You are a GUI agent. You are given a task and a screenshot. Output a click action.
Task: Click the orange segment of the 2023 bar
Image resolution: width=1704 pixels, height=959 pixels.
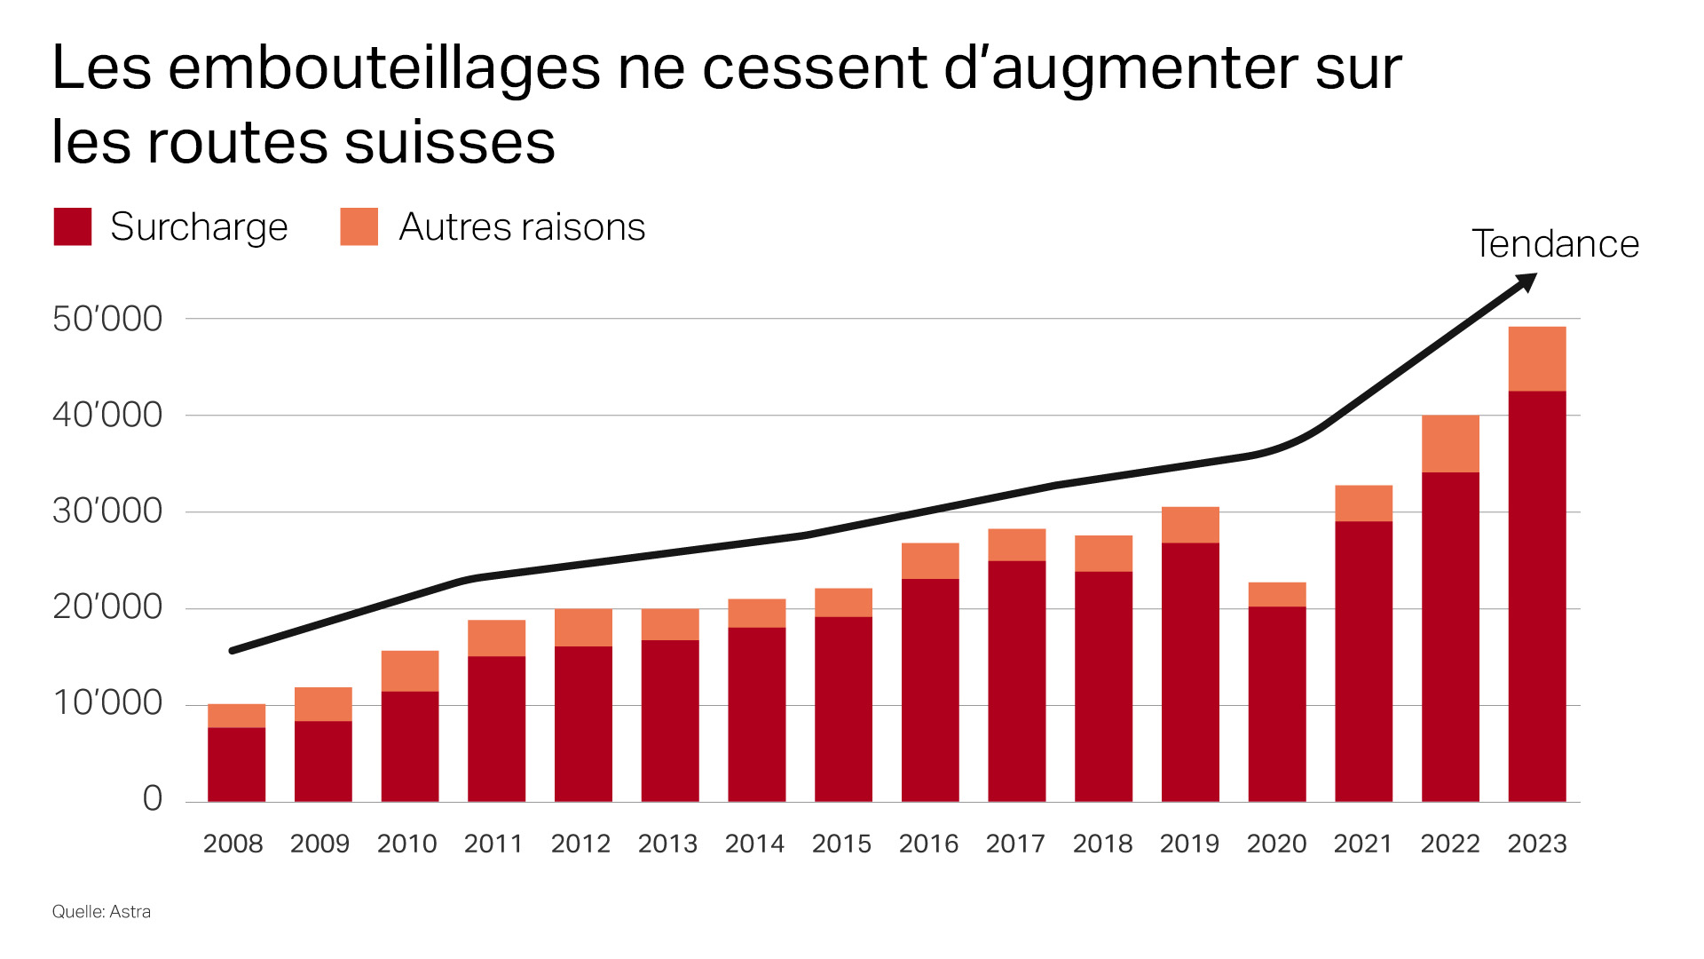coord(1537,359)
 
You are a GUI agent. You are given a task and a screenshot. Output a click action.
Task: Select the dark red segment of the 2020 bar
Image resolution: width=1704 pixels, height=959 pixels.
coord(1276,704)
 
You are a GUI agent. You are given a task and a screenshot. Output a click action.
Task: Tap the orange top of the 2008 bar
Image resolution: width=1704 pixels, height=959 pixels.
coord(236,716)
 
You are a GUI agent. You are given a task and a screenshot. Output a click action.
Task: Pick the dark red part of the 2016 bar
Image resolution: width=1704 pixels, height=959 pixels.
coord(930,690)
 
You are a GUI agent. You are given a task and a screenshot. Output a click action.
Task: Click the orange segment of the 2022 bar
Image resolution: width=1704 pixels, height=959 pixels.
coord(1450,443)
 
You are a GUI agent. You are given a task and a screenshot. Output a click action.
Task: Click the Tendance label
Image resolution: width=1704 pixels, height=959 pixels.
coord(1555,244)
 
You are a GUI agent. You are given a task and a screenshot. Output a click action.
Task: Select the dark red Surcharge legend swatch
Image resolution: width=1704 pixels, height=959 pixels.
coord(73,226)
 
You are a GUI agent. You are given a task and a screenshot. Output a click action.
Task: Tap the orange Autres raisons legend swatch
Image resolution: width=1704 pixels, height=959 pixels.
coord(359,226)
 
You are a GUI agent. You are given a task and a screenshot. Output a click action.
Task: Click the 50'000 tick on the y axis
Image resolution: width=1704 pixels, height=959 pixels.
coord(107,319)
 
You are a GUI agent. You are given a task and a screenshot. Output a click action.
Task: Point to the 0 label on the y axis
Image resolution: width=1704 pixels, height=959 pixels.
coord(153,798)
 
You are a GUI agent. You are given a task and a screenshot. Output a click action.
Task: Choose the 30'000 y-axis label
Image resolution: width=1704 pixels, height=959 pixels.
coord(107,511)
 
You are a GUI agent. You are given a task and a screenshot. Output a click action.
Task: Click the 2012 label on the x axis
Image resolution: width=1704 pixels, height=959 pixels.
coord(580,844)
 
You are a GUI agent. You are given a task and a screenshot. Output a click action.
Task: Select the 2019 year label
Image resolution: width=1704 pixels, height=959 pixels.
coord(1189,844)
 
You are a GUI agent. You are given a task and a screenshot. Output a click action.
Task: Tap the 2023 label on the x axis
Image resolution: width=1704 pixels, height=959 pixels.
coord(1537,844)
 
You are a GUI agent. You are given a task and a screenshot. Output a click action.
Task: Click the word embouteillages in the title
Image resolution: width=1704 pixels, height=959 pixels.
coord(384,68)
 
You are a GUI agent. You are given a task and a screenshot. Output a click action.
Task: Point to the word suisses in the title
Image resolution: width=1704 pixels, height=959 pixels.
coord(449,143)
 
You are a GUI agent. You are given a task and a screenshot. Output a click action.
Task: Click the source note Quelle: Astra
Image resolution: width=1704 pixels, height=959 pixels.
coord(101,912)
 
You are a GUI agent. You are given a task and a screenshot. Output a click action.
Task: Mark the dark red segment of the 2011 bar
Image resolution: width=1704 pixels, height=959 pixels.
coord(496,728)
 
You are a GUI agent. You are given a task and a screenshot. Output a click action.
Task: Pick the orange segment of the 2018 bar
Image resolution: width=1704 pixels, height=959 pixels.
coord(1103,553)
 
